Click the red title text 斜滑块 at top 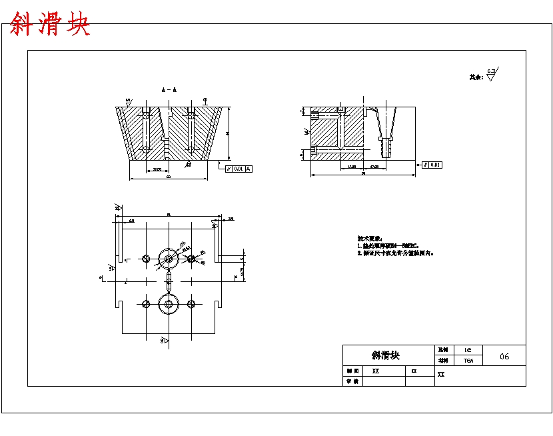[x=49, y=25]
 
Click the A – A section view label [x=169, y=89]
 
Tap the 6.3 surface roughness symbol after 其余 [x=492, y=74]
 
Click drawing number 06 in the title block [x=504, y=356]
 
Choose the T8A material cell [x=468, y=361]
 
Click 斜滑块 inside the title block [x=386, y=355]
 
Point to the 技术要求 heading [x=369, y=238]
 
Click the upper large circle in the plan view [x=168, y=258]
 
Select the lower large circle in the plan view [x=168, y=304]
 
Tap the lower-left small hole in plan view [x=146, y=304]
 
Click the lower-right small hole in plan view [x=191, y=304]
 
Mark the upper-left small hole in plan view [x=146, y=258]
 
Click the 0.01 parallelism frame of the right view [x=432, y=165]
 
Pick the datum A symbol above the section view [x=205, y=101]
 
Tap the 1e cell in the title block [x=468, y=349]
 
